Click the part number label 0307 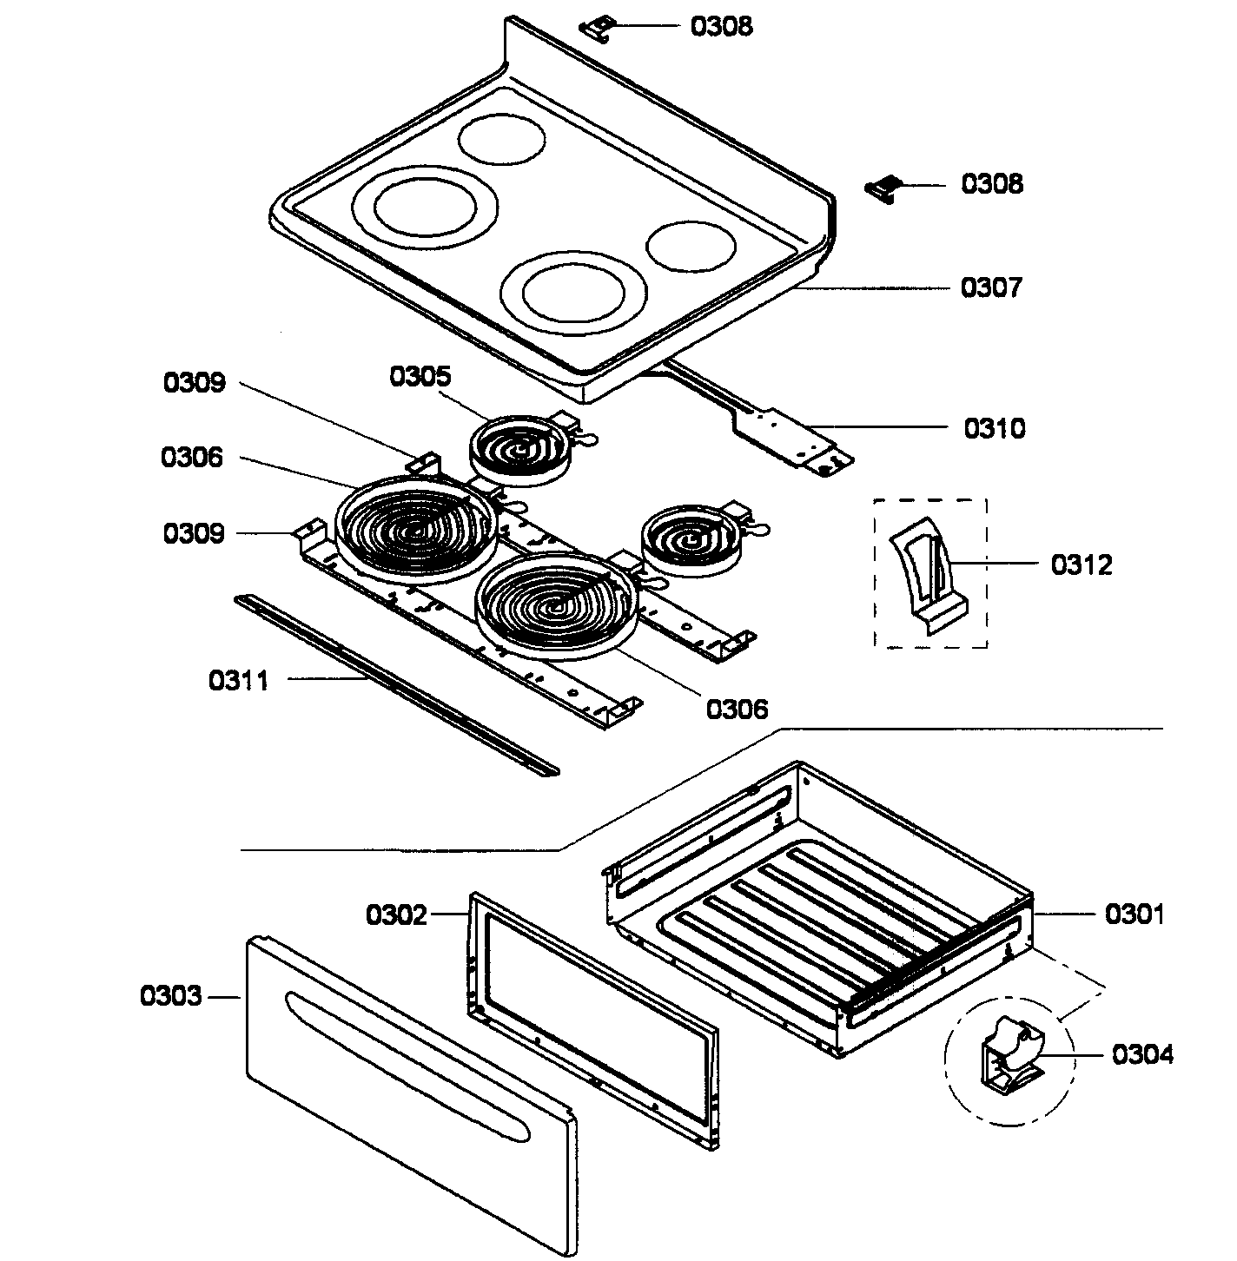pos(991,287)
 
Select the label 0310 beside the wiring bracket pos(994,428)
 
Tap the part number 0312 pos(1081,565)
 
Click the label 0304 pos(1141,1055)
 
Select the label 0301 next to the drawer pos(1134,914)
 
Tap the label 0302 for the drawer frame pos(396,914)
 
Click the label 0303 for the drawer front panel pos(171,996)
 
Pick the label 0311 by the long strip pos(239,680)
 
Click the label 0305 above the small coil pos(420,377)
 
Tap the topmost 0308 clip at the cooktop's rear pos(596,28)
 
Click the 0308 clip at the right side pos(883,188)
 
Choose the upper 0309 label pos(195,383)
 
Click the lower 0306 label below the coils pos(737,710)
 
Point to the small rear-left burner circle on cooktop pos(502,139)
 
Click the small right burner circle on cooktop pos(691,246)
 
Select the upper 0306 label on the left pos(192,458)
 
